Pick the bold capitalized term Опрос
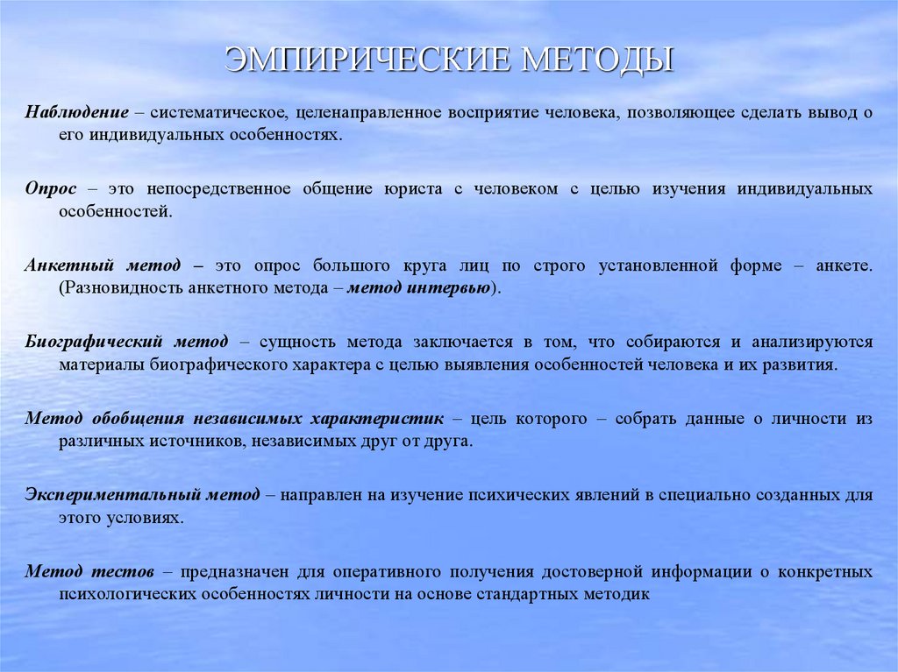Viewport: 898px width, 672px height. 51,189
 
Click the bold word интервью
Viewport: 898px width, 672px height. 449,287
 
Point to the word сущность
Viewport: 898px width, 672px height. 292,342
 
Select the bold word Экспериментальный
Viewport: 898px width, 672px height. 110,495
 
